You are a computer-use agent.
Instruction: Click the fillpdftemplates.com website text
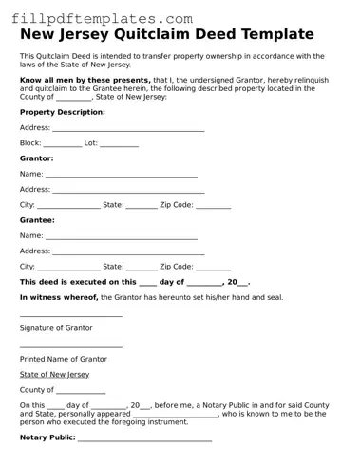105,18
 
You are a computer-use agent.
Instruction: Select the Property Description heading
63,112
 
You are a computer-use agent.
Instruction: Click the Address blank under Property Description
128,128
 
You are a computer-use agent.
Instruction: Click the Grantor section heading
37,158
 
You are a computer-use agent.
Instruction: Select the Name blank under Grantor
122,175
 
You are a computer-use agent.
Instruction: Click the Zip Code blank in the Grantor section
213,206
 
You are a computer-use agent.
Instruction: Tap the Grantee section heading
37,220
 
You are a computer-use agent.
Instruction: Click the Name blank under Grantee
122,236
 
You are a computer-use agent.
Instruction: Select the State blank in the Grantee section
142,268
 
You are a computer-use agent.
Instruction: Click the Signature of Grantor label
56,328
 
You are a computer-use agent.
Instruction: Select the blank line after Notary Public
143,439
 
